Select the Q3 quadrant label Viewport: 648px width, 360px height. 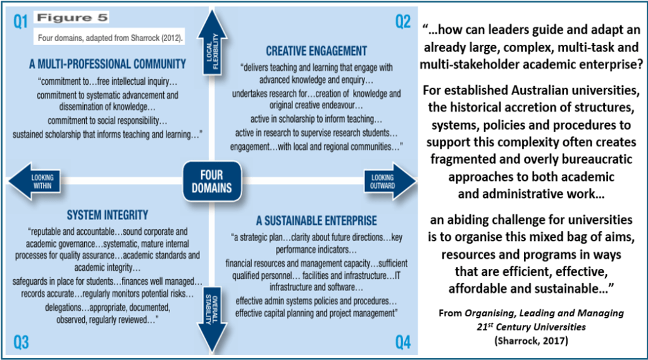21,342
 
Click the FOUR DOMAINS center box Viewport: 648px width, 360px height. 212,180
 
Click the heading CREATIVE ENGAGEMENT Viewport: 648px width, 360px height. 316,51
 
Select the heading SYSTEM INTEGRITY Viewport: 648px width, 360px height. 108,215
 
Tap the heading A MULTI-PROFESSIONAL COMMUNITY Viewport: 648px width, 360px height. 108,64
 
